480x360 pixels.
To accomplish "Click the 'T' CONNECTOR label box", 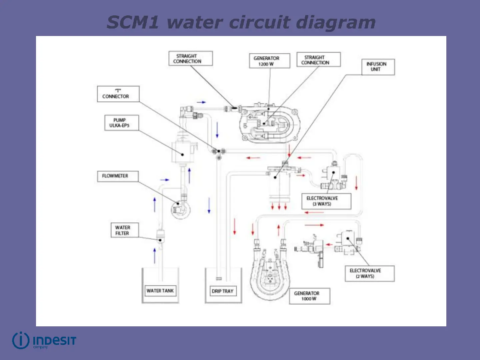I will point(118,94).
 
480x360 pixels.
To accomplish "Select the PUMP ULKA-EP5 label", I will point(121,123).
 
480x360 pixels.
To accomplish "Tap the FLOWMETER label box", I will point(117,176).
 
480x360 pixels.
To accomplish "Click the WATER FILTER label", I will point(124,230).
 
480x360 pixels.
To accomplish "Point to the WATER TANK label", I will point(160,291).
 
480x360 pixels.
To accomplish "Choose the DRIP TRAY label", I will point(223,291).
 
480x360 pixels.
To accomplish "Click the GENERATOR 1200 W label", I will point(269,61).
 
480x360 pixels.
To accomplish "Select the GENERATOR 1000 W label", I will point(309,296).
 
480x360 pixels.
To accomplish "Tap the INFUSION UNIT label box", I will point(378,67).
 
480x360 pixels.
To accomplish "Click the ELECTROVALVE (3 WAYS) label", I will point(326,201).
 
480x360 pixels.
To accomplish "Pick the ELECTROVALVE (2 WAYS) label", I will point(369,273).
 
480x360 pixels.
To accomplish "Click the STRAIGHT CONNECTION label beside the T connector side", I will point(190,59).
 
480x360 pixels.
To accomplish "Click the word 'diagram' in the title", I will point(336,23).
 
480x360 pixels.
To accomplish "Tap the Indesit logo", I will point(44,341).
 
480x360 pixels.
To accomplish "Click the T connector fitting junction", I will point(219,152).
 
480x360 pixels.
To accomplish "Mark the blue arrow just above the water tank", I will point(154,256).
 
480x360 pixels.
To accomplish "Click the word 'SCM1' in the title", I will point(133,23).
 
